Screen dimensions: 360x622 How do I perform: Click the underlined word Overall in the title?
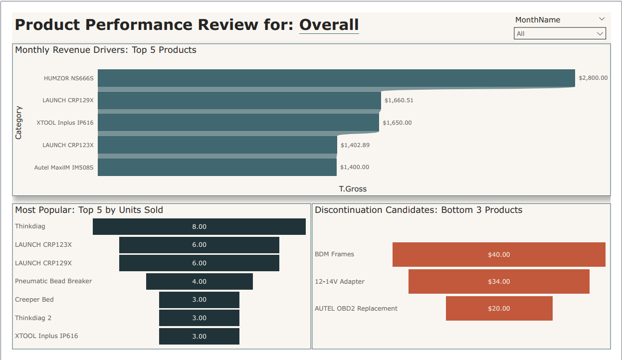(x=329, y=25)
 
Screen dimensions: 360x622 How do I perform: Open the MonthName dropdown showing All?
(x=560, y=34)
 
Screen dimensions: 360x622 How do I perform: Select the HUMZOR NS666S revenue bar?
(x=336, y=78)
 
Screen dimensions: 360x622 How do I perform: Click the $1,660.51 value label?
(x=399, y=100)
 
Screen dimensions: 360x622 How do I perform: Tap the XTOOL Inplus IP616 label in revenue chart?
(x=65, y=123)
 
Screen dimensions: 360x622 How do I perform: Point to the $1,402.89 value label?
(x=355, y=145)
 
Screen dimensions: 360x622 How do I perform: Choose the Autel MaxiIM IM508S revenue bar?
(x=217, y=168)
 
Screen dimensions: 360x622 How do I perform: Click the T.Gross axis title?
(x=353, y=189)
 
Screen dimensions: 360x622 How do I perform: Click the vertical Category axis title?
(x=18, y=123)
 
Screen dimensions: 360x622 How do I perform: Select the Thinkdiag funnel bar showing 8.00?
(x=199, y=226)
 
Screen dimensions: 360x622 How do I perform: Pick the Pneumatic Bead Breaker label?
(x=53, y=281)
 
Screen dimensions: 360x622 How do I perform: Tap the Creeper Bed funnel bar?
(x=199, y=300)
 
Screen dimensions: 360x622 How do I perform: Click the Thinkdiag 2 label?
(x=33, y=318)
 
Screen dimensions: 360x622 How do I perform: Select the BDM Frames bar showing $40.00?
(x=499, y=255)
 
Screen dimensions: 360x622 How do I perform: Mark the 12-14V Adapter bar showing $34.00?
(x=499, y=282)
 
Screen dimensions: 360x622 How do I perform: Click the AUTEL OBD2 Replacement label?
(x=356, y=309)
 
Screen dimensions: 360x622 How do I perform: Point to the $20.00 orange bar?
(x=499, y=309)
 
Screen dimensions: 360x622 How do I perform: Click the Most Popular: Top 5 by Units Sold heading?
(x=89, y=210)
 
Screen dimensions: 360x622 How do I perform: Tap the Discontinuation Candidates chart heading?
(x=418, y=210)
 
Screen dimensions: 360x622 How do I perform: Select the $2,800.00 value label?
(x=593, y=78)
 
